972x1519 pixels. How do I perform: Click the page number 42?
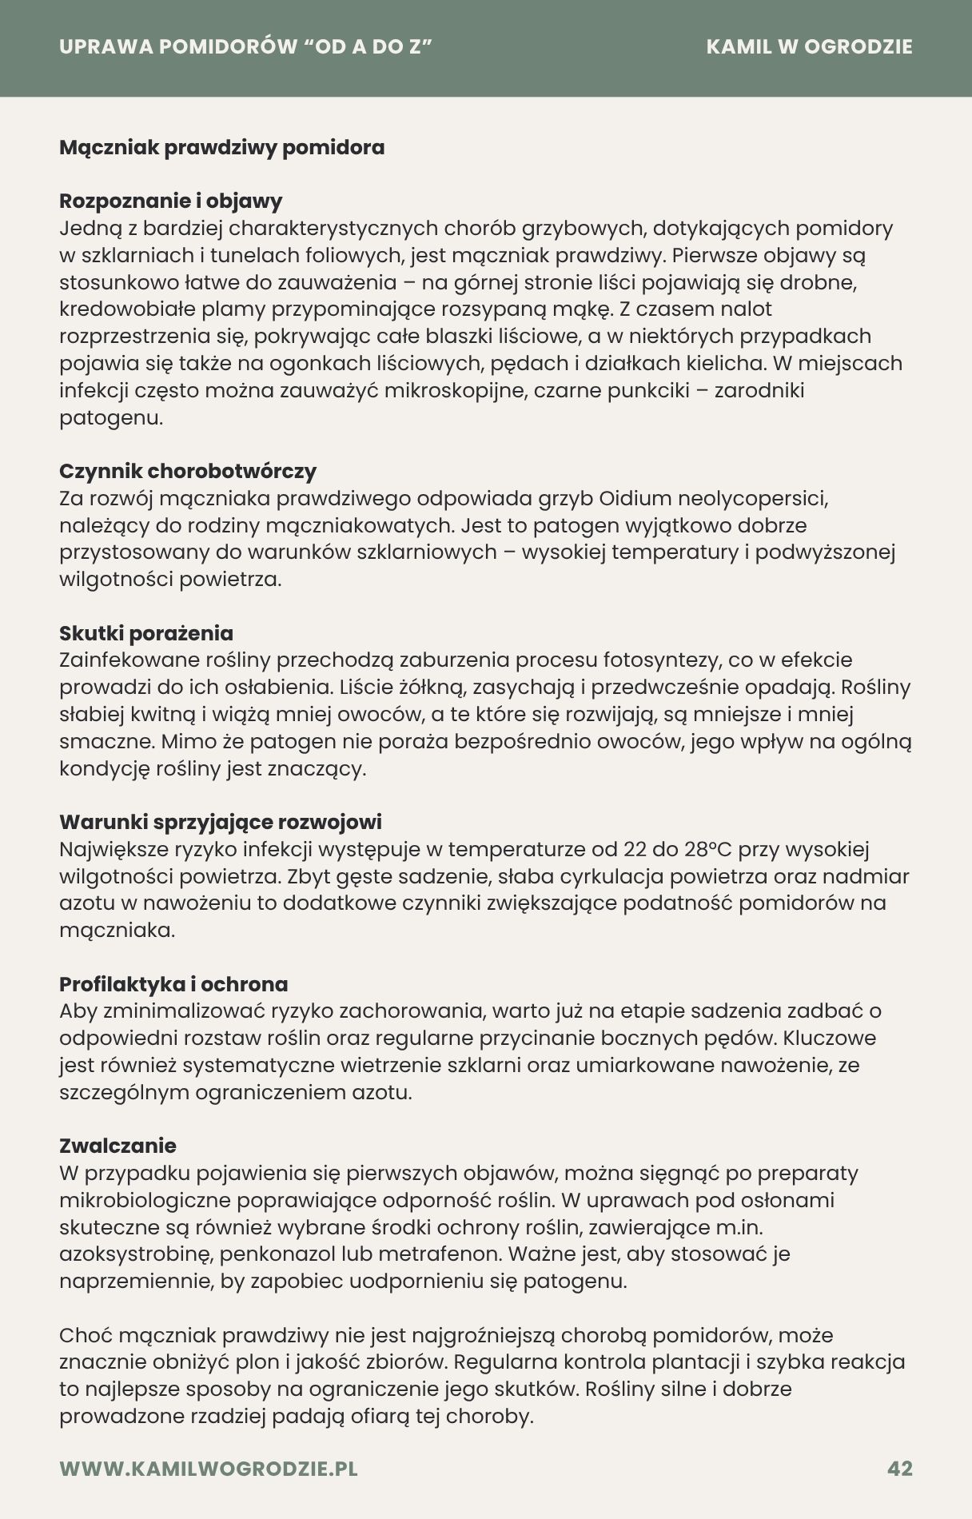(x=899, y=1469)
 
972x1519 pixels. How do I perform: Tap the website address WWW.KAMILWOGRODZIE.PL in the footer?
(x=209, y=1469)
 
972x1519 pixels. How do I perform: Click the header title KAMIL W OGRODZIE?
(x=809, y=46)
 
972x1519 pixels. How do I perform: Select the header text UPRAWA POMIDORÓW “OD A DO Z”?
(x=246, y=46)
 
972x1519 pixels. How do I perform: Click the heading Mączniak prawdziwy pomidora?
(x=221, y=148)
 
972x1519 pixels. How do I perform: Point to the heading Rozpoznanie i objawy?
(x=170, y=201)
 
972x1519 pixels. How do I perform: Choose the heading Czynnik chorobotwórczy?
(x=188, y=471)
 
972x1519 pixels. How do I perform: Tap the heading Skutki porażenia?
(x=146, y=633)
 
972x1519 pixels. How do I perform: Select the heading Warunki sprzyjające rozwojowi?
(x=221, y=822)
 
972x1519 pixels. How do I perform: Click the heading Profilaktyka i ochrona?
(x=173, y=984)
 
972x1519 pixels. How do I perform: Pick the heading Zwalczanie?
(x=118, y=1146)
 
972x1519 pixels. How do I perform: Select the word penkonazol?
(x=277, y=1254)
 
